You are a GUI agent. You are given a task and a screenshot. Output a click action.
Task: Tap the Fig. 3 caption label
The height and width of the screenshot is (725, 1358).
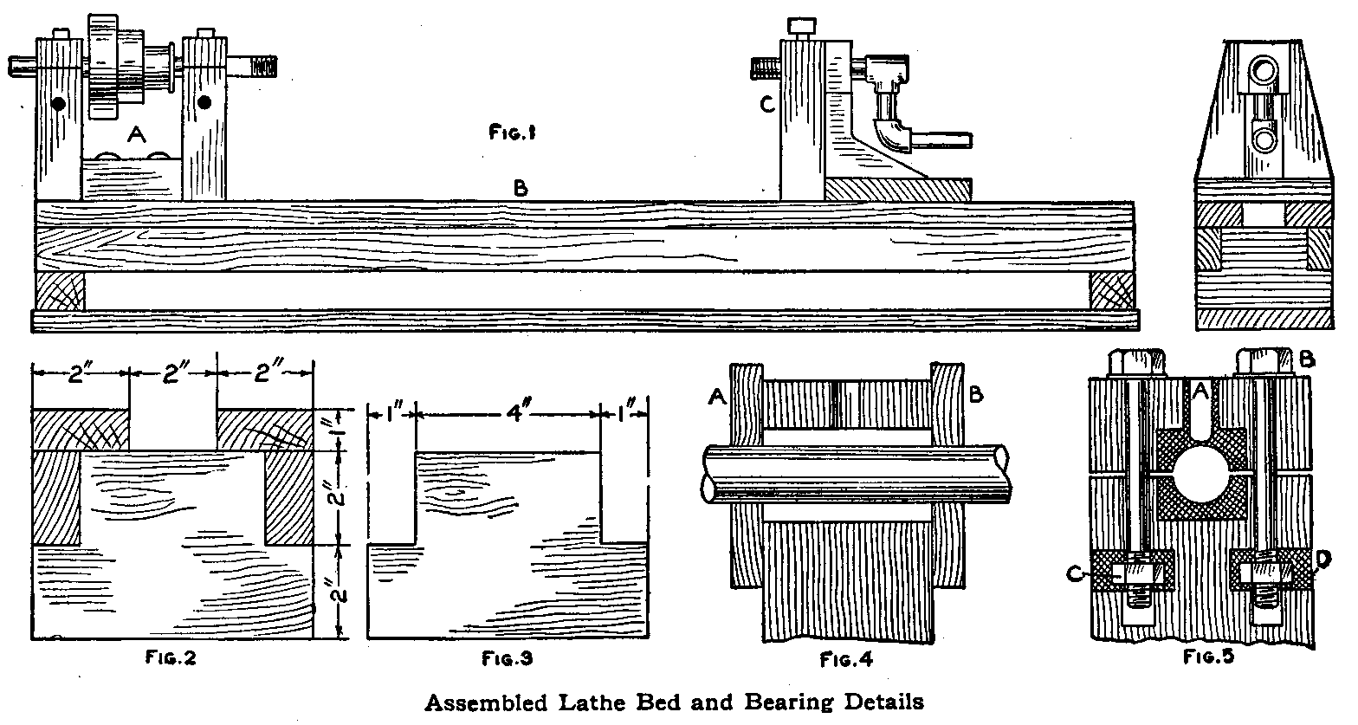(x=507, y=657)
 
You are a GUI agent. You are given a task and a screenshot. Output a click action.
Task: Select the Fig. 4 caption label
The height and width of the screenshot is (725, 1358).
(x=846, y=659)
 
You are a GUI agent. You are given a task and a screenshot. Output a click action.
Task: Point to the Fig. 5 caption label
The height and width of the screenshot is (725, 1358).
(x=1208, y=656)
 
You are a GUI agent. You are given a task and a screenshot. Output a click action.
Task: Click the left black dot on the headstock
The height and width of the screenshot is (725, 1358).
(x=58, y=104)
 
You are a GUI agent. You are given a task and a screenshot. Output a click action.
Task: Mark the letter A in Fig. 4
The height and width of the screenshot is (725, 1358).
(x=716, y=396)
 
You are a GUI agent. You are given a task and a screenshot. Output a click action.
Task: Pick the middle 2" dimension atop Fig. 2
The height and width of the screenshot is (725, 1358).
(x=172, y=374)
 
